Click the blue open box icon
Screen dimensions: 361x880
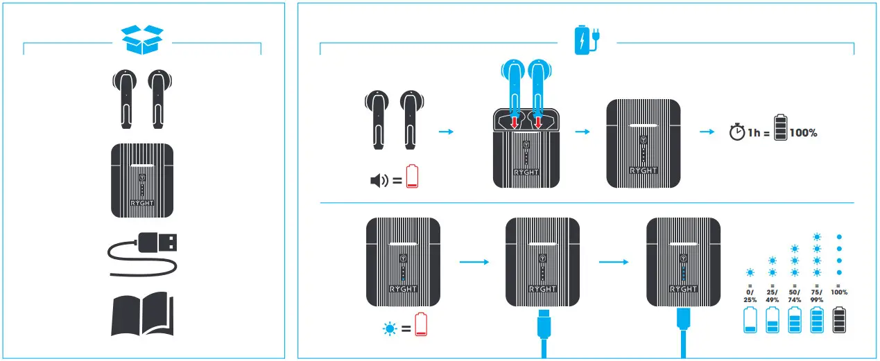point(142,39)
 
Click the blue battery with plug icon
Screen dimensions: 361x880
point(587,39)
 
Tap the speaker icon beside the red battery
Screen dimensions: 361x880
point(379,182)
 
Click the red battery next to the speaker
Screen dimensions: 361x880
point(413,176)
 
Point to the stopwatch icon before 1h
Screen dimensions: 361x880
point(736,132)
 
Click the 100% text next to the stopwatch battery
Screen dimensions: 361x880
point(803,132)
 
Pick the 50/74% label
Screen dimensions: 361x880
point(795,296)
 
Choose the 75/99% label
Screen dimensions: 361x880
point(817,296)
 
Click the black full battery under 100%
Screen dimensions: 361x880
point(839,321)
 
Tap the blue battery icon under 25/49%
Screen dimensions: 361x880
point(773,321)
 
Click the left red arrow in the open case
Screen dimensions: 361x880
point(515,122)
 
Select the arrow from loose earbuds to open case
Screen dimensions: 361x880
point(447,131)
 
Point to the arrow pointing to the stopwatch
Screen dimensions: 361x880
point(707,131)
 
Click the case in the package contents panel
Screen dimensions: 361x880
point(142,180)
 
